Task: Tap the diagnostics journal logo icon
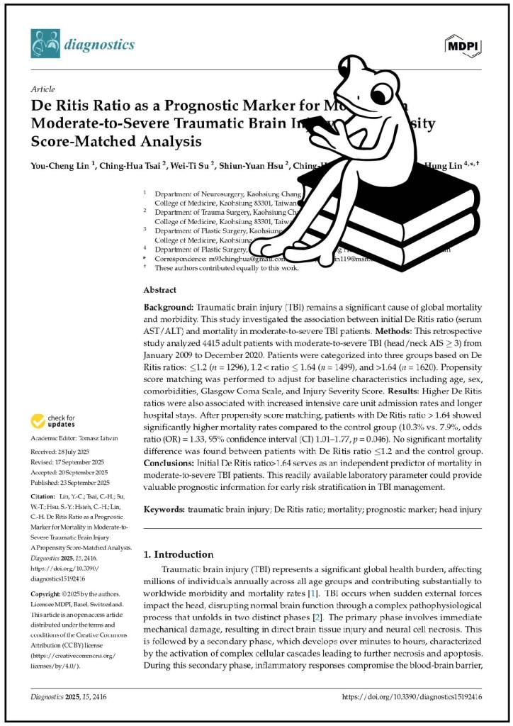pos(45,44)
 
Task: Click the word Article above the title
pos(43,89)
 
